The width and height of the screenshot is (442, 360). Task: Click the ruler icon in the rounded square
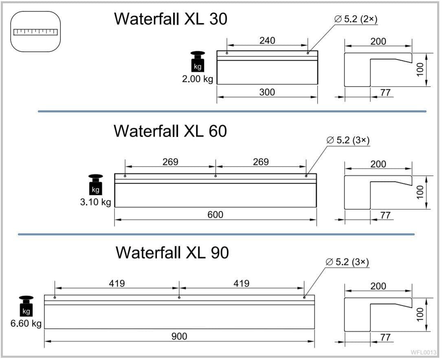(35, 32)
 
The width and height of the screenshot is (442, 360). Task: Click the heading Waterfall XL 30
(170, 19)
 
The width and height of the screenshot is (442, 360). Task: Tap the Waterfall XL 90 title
(172, 252)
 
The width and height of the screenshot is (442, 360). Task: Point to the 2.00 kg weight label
(197, 79)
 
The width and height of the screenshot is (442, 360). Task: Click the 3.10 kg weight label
(95, 202)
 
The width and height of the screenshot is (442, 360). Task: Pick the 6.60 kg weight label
(26, 324)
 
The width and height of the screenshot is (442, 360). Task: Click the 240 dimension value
(267, 40)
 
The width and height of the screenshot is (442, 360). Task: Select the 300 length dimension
(267, 92)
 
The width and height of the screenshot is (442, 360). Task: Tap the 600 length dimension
(215, 214)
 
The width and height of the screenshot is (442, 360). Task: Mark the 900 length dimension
(179, 336)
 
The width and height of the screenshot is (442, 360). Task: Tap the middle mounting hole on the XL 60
(216, 176)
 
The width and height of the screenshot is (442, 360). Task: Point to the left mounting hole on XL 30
(227, 53)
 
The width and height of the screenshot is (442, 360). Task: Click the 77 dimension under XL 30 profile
(385, 92)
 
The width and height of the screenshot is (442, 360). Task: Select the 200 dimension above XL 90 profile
(378, 286)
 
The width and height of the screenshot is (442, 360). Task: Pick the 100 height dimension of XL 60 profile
(420, 191)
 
